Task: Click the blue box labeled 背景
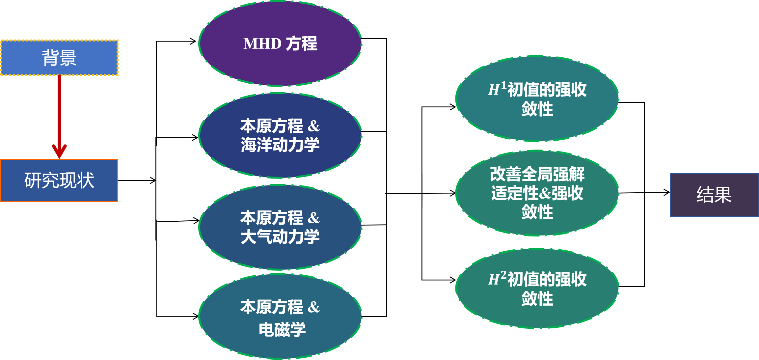(x=59, y=58)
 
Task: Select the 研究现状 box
(x=59, y=180)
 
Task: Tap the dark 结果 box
(x=714, y=195)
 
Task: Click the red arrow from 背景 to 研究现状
(x=59, y=115)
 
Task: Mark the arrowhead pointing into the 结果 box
(x=667, y=192)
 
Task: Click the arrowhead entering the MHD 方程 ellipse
(x=193, y=41)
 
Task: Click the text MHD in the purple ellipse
(x=262, y=43)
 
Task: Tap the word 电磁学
(x=282, y=329)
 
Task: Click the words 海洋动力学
(x=280, y=145)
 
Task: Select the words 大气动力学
(x=280, y=237)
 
